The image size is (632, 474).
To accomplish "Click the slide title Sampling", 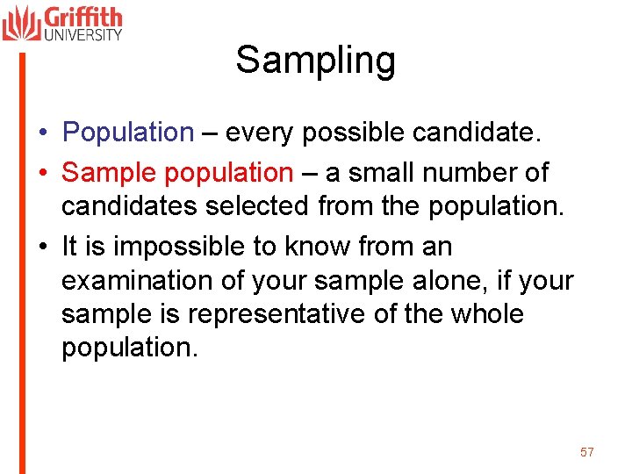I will point(315,61).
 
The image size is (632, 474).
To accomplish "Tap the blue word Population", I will point(128,133).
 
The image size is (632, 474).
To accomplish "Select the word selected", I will point(257,206).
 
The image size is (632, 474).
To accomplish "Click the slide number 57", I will point(587,452).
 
